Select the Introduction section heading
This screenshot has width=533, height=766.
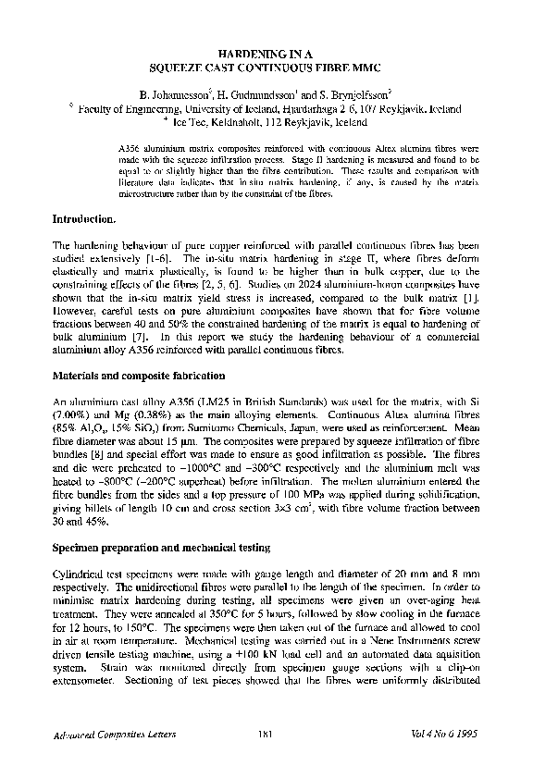(x=84, y=219)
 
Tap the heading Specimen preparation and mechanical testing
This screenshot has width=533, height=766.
(x=159, y=548)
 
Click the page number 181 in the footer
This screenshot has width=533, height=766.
(x=266, y=734)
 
